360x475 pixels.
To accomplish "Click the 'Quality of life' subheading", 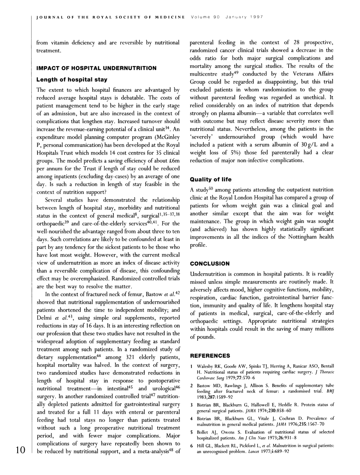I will (210, 180).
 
